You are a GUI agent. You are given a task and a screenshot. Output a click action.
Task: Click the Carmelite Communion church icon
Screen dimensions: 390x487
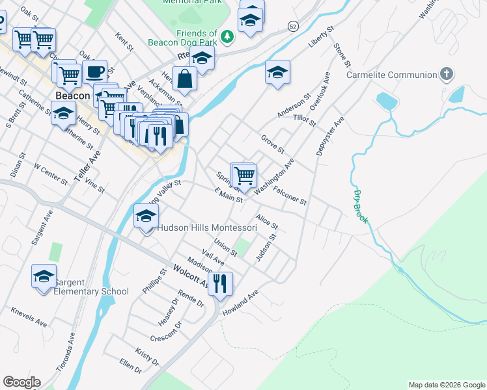pyautogui.click(x=447, y=74)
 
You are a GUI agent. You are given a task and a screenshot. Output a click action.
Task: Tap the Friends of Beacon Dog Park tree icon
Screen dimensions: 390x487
pyautogui.click(x=227, y=38)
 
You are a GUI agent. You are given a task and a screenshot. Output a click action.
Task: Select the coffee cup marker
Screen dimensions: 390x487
pyautogui.click(x=95, y=71)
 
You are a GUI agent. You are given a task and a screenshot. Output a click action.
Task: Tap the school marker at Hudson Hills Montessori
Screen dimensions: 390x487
pyautogui.click(x=146, y=216)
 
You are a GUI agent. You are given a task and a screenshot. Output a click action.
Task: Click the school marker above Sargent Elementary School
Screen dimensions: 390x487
pyautogui.click(x=44, y=276)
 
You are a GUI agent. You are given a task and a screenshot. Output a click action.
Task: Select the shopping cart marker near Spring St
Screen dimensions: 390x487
pyautogui.click(x=244, y=175)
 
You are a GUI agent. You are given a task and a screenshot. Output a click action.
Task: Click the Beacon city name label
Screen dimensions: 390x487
pyautogui.click(x=72, y=96)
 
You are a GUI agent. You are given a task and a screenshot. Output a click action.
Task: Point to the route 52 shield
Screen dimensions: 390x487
pyautogui.click(x=294, y=26)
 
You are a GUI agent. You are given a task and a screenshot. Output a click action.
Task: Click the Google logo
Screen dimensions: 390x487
pyautogui.click(x=21, y=382)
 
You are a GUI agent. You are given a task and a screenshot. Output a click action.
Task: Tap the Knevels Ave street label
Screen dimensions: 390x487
pyautogui.click(x=29, y=317)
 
